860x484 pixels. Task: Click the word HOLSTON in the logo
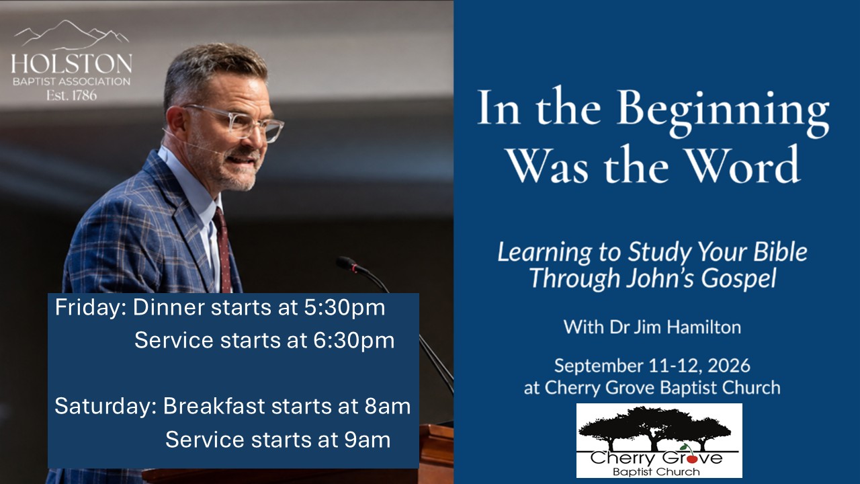pos(72,63)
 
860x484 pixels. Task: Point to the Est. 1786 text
pos(72,95)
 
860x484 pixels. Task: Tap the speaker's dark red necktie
pos(224,249)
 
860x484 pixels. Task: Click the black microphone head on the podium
pos(347,264)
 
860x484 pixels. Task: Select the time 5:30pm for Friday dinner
pos(345,309)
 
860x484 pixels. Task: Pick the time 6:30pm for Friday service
pos(353,341)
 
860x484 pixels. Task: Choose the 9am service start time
pos(367,440)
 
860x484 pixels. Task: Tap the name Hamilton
pos(703,327)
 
